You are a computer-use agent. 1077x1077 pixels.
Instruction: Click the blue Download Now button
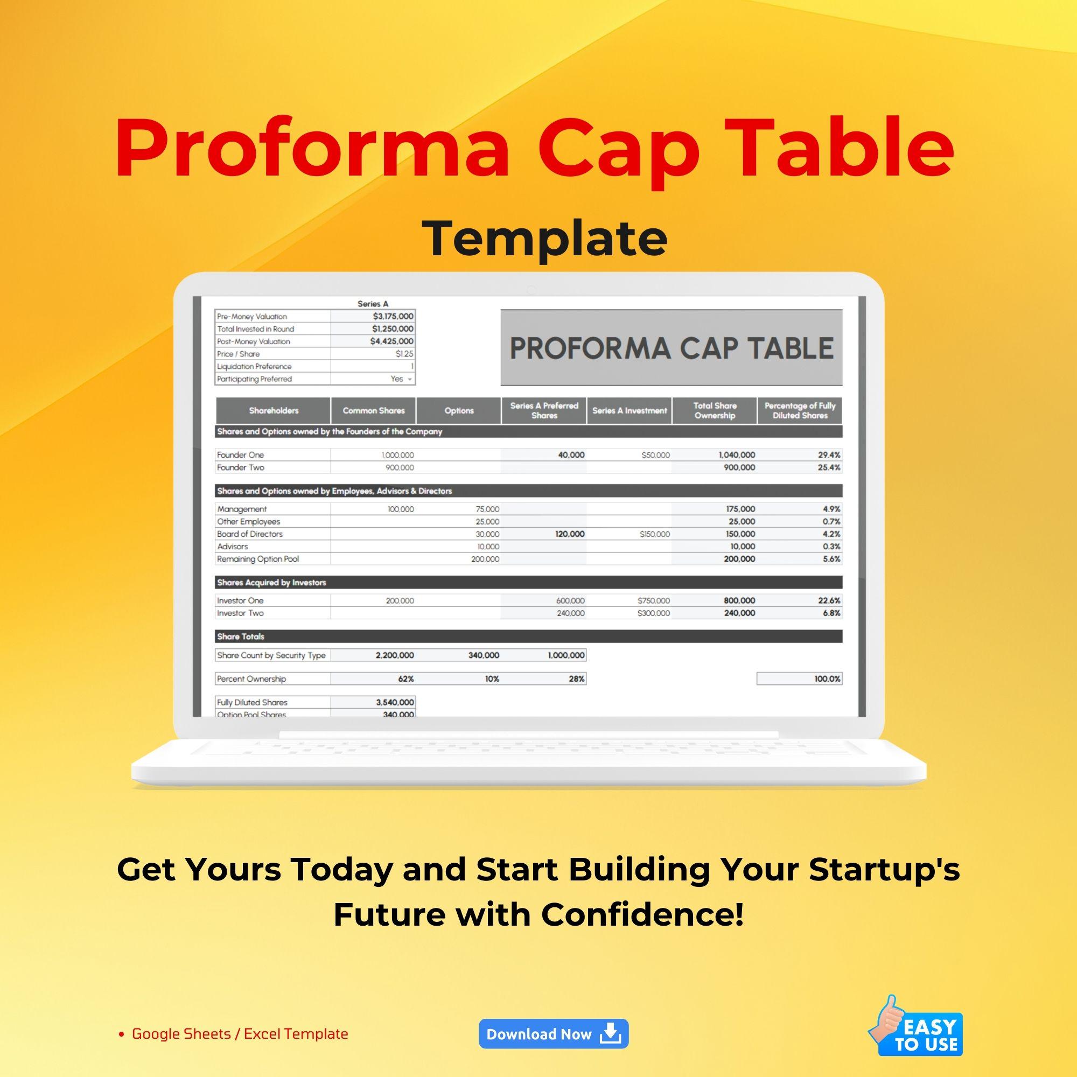553,1034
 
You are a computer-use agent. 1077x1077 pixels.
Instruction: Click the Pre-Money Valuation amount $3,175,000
393,316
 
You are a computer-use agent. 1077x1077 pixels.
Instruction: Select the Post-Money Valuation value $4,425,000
391,341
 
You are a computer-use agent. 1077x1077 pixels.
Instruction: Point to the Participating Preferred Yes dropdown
400,379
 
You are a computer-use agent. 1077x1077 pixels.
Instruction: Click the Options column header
459,411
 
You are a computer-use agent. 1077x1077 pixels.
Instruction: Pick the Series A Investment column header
630,411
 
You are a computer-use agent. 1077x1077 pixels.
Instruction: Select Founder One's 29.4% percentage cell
829,455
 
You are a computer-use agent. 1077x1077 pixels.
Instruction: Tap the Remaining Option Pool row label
258,559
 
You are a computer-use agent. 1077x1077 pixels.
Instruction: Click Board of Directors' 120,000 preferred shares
570,534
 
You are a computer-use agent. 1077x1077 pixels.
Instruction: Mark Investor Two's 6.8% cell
831,613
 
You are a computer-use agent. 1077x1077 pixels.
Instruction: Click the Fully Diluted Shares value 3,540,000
395,702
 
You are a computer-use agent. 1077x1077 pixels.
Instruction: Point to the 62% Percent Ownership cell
405,679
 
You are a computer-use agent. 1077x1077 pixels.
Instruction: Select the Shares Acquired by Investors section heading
271,583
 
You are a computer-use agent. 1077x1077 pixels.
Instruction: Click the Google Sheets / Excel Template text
240,1034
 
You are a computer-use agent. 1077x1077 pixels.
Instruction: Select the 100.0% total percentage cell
827,679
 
